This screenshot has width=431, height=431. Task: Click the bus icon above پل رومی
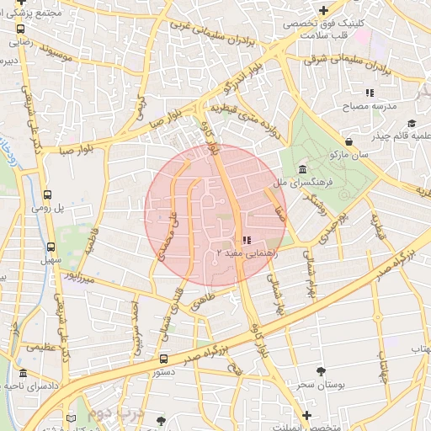[48, 193]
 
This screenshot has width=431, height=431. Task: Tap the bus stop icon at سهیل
[51, 247]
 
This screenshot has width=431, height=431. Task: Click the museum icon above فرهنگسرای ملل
[302, 169]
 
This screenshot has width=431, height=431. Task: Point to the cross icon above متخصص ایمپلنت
[306, 415]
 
